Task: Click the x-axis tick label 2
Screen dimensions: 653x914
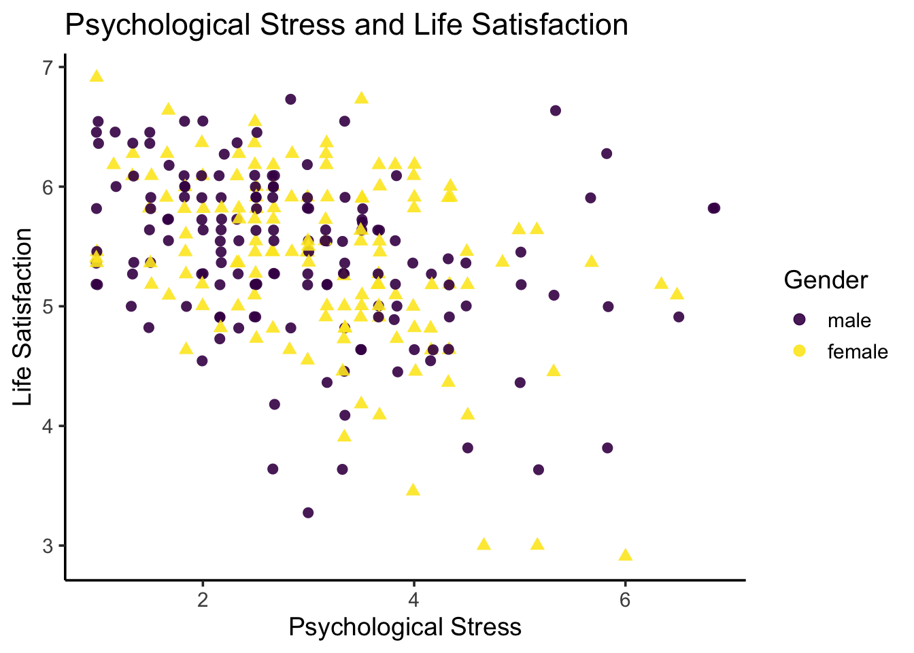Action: click(202, 601)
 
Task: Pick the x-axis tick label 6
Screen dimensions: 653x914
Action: click(625, 601)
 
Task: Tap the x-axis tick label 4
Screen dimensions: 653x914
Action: click(413, 601)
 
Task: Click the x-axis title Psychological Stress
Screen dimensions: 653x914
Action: click(405, 627)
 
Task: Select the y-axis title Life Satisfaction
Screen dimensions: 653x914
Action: click(23, 317)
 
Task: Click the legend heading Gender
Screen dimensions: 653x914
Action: click(826, 280)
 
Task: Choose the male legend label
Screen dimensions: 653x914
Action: click(849, 320)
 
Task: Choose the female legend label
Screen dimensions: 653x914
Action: click(858, 352)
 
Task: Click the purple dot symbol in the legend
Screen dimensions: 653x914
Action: click(799, 320)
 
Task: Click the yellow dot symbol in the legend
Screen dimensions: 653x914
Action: click(799, 351)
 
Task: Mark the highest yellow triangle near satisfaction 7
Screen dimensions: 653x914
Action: click(97, 76)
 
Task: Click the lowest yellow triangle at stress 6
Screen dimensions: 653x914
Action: click(626, 555)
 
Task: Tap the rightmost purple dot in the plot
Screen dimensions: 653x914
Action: click(713, 208)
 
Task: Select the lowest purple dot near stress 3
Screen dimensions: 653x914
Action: click(308, 512)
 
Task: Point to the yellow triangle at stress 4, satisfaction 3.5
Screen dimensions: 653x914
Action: click(413, 490)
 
